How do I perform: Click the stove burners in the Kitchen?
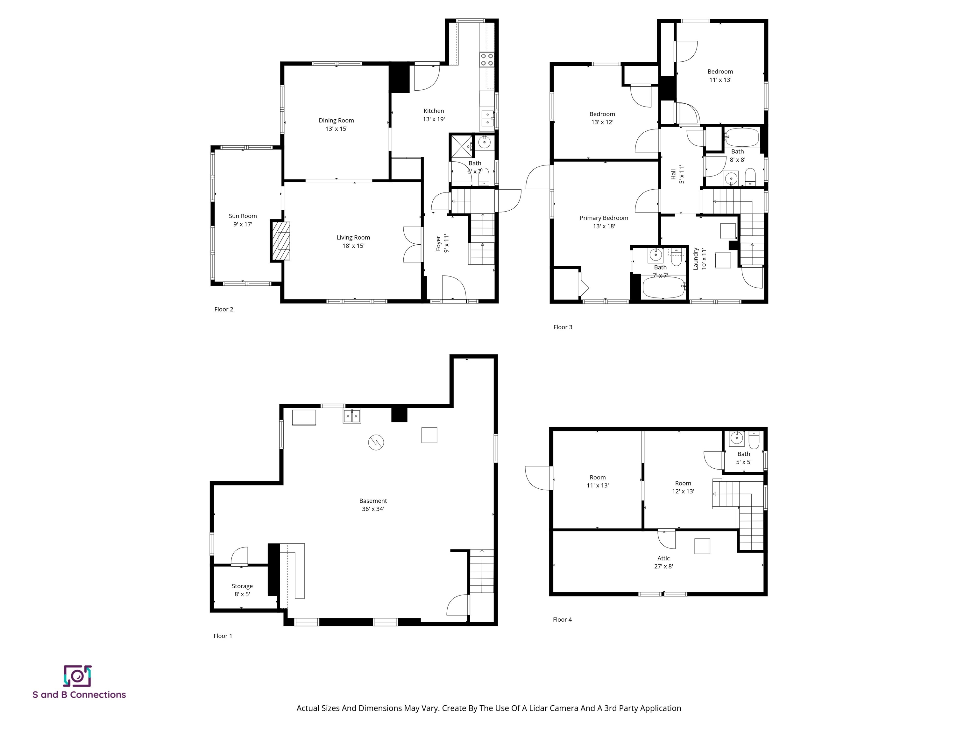[487, 59]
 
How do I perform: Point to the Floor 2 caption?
[224, 309]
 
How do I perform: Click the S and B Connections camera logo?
[77, 676]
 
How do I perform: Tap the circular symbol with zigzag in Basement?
[376, 442]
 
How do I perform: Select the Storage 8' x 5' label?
[242, 590]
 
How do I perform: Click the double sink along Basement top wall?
[352, 416]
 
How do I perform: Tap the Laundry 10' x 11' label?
[699, 258]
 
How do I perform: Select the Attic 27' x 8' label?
[663, 562]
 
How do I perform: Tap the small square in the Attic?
[702, 546]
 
